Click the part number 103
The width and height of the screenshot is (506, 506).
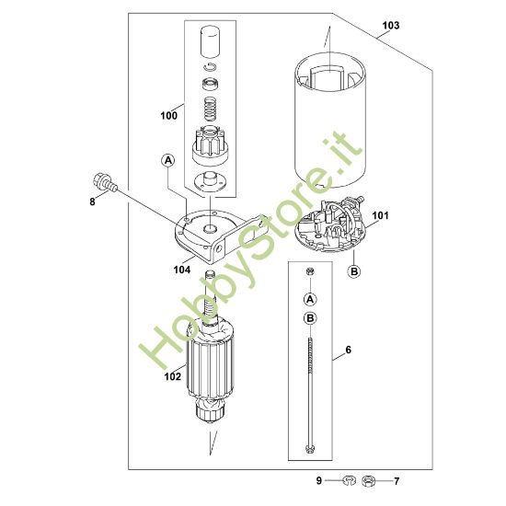390,26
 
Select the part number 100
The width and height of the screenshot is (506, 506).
168,115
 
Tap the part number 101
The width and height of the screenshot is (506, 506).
381,215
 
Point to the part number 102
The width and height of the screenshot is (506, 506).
173,376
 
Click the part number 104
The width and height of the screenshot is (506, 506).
182,270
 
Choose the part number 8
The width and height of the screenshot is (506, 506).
93,202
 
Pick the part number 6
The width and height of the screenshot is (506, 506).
348,350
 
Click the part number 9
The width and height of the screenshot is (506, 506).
319,480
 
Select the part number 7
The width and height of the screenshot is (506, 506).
397,481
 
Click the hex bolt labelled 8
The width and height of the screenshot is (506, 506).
105,182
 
